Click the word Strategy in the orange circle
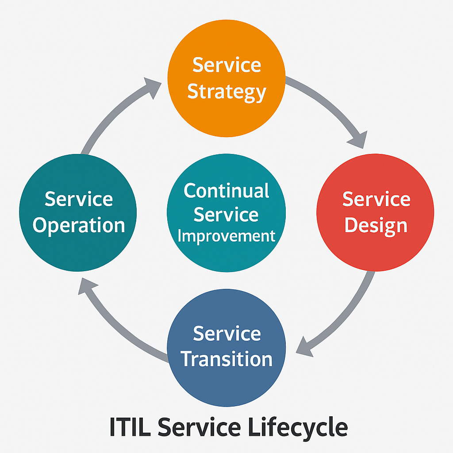tap(226, 92)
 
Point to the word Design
tap(376, 226)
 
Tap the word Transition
tap(226, 359)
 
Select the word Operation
tap(79, 226)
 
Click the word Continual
tap(226, 191)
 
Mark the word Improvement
tap(226, 236)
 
